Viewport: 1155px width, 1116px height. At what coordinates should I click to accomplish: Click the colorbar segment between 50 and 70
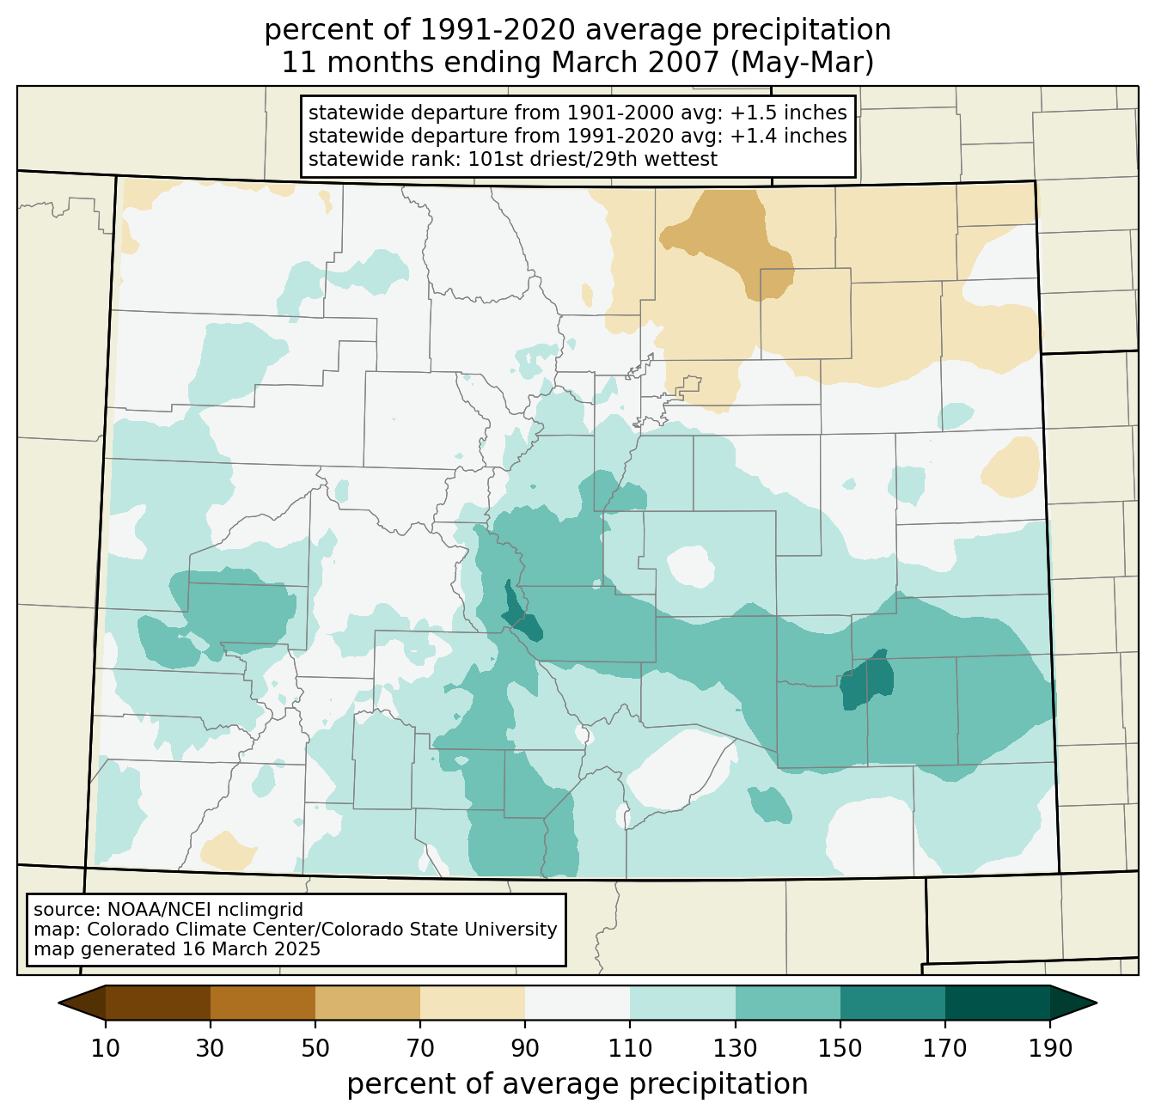click(x=368, y=1003)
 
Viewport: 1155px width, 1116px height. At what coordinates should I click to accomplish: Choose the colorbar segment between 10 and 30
click(x=158, y=1003)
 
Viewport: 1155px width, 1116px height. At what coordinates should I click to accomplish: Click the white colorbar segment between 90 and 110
click(x=577, y=1003)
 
